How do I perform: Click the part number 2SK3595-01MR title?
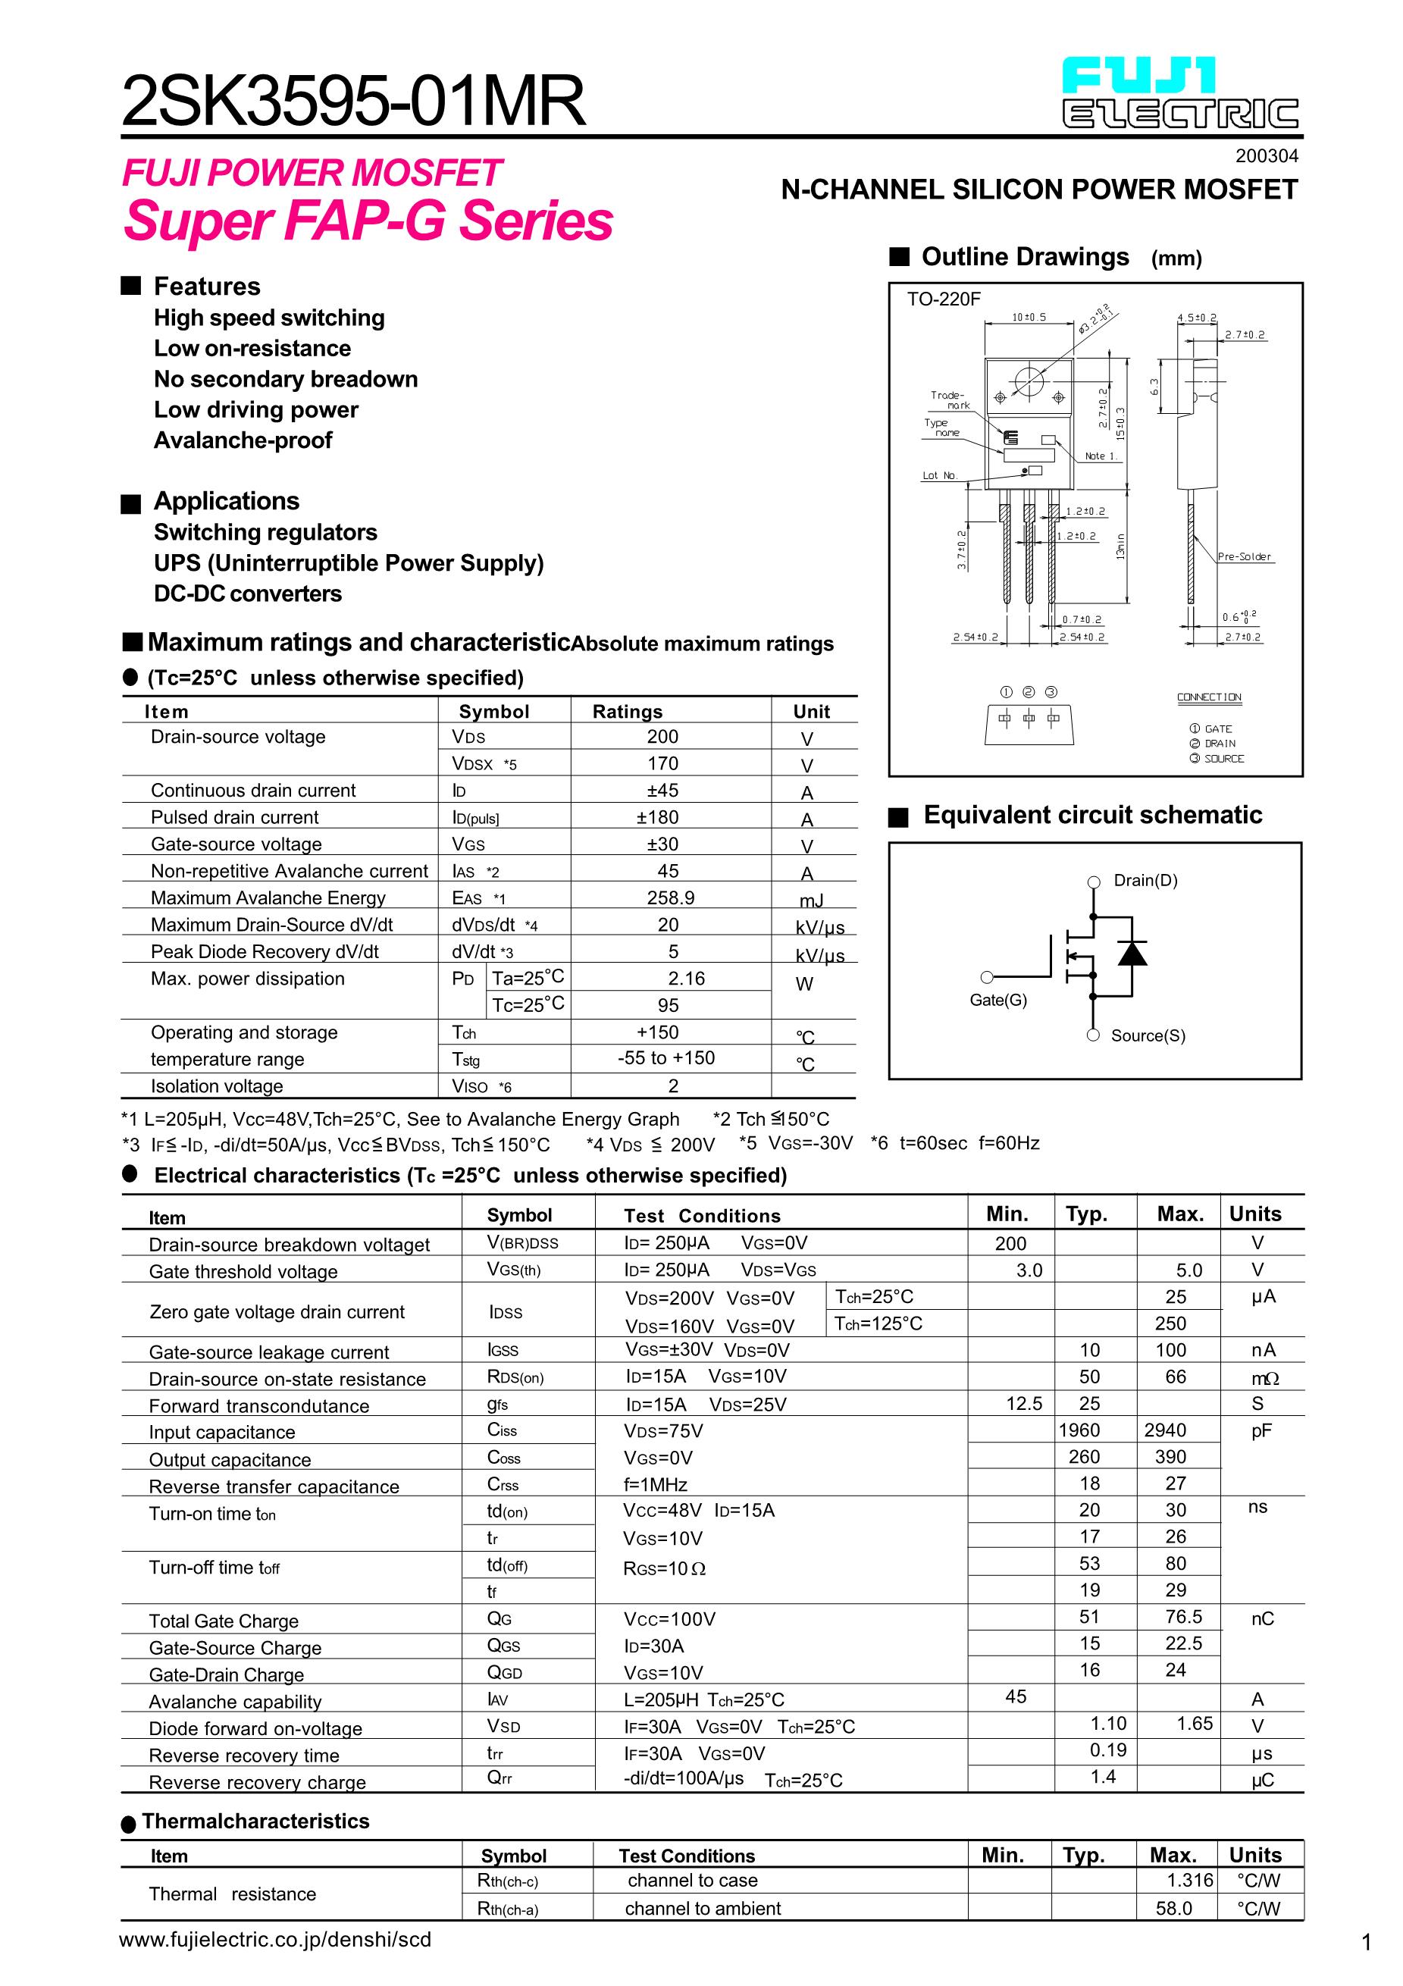pos(354,102)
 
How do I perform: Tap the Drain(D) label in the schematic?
pos(1145,881)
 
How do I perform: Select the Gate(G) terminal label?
pos(998,1000)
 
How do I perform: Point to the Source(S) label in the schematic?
pos(1148,1035)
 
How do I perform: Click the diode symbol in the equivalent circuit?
pos(1132,952)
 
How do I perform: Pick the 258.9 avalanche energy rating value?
pos(670,897)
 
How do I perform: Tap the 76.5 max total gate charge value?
pos(1183,1617)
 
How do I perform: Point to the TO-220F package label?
pos(944,299)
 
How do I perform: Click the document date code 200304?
pos(1267,157)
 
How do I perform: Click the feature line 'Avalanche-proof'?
pos(243,440)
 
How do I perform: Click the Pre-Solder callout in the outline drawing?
pos(1244,557)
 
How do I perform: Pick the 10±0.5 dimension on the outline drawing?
pos(1029,318)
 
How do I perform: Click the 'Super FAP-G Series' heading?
pos(368,221)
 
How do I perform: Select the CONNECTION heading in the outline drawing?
pos(1208,697)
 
